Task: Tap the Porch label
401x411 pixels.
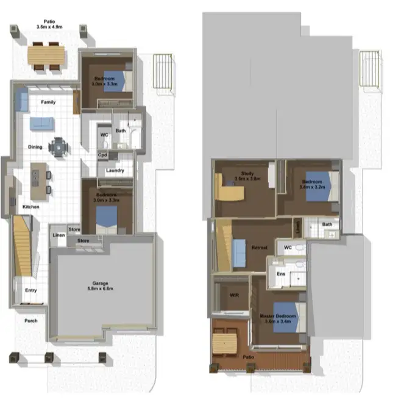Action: (x=30, y=321)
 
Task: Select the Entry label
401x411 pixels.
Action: (x=30, y=290)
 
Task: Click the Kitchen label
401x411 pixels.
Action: (x=31, y=207)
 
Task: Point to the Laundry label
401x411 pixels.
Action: (x=115, y=170)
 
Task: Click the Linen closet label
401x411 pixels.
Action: (x=59, y=235)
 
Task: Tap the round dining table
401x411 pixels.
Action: (x=59, y=146)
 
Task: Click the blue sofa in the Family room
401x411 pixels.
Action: (x=41, y=124)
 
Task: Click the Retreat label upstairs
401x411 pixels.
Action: (x=261, y=247)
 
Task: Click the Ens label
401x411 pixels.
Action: (x=282, y=274)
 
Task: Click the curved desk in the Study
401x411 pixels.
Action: (x=228, y=191)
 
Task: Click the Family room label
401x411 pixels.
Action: (x=48, y=102)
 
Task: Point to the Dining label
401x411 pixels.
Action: (x=35, y=147)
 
